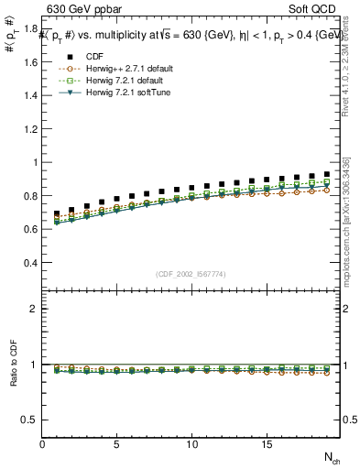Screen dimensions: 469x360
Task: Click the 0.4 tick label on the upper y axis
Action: [x=30, y=263]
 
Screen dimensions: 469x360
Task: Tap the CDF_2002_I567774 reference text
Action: [x=191, y=274]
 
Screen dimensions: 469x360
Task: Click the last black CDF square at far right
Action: [x=326, y=173]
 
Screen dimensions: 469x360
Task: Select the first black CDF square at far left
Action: [x=58, y=214]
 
